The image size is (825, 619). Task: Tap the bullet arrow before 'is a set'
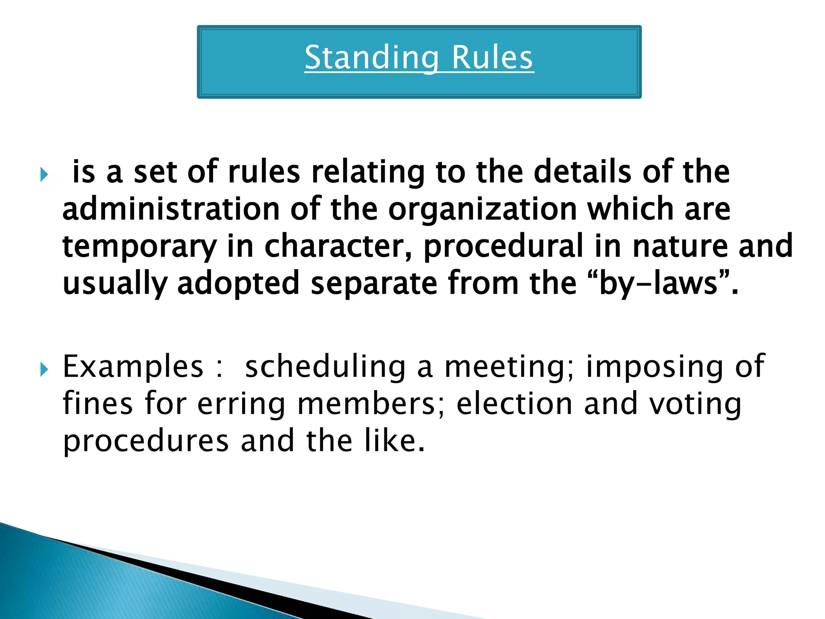click(x=44, y=175)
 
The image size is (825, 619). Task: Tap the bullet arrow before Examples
click(x=44, y=369)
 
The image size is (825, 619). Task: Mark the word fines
click(x=97, y=404)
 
